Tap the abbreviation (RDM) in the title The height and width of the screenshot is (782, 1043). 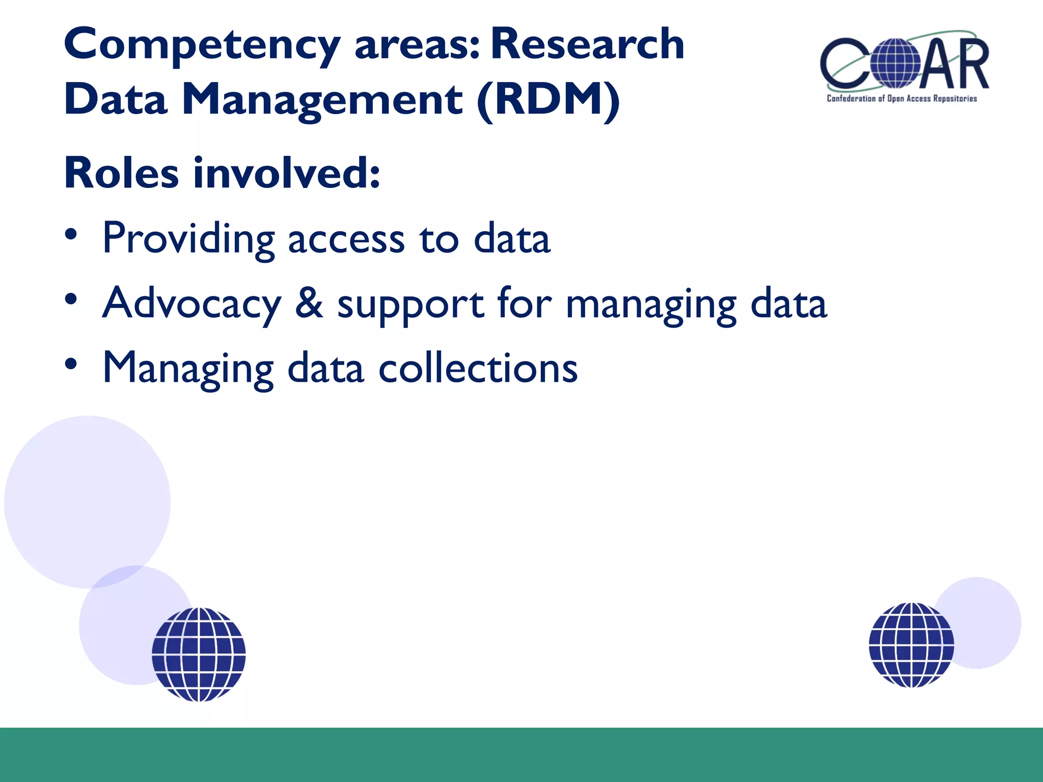[548, 100]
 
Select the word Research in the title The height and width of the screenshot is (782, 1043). [587, 44]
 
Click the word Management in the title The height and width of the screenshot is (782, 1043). [322, 100]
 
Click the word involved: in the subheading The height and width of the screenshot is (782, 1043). [287, 173]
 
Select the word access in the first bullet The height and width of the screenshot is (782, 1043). [346, 240]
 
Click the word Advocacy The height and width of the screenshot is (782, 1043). [191, 304]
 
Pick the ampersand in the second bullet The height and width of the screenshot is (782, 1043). [309, 303]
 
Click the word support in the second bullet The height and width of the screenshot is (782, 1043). [410, 305]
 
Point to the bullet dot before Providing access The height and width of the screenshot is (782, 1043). [71, 235]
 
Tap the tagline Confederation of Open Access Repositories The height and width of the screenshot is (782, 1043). [901, 99]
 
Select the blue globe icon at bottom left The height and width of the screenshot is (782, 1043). [199, 654]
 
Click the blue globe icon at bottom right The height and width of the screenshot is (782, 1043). [911, 645]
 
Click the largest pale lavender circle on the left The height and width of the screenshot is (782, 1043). [87, 501]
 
